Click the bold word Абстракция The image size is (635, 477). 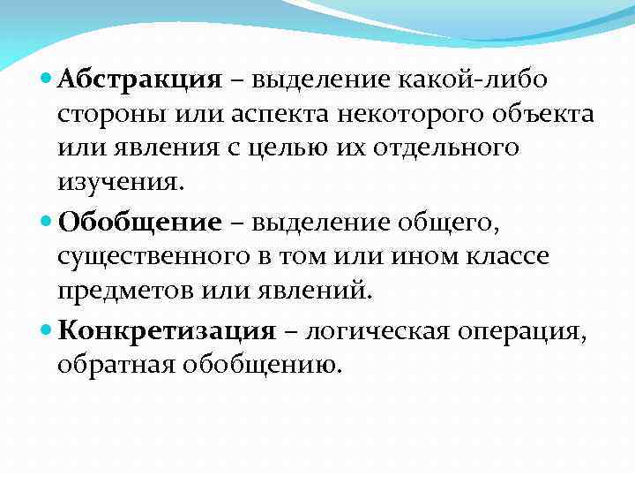[139, 80]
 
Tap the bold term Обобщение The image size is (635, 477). [139, 223]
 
